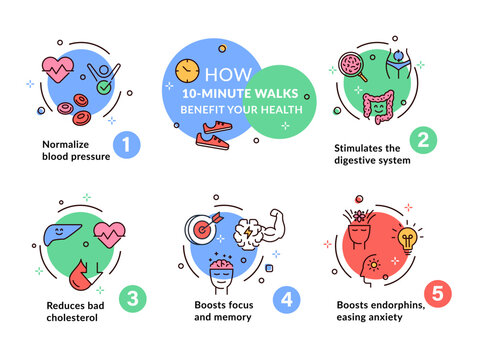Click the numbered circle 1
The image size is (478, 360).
(x=125, y=146)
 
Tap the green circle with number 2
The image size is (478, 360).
(x=423, y=140)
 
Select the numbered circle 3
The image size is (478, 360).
(x=130, y=297)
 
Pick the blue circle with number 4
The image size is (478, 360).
(x=287, y=297)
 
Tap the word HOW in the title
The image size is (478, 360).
(x=221, y=74)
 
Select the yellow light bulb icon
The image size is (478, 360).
(x=408, y=241)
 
